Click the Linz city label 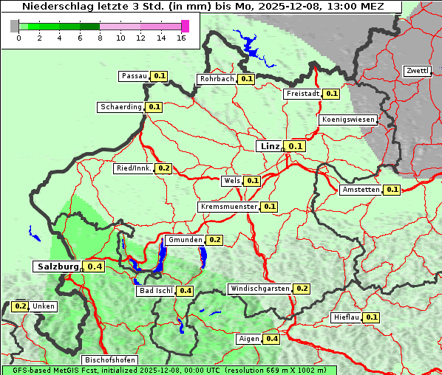click(269, 146)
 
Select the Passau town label click(135, 76)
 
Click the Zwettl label click(418, 71)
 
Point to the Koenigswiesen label click(348, 120)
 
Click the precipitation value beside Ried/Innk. click(163, 168)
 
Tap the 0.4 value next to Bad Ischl click(185, 291)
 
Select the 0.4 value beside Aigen click(271, 339)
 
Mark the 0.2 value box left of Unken click(21, 306)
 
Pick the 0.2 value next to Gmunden click(214, 240)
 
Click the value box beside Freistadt click(331, 94)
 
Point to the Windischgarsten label click(259, 289)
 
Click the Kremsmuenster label click(229, 207)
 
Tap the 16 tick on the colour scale click(181, 38)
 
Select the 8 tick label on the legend click(100, 38)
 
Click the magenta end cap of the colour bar click(185, 26)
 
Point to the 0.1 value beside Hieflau click(372, 317)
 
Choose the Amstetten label click(361, 190)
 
